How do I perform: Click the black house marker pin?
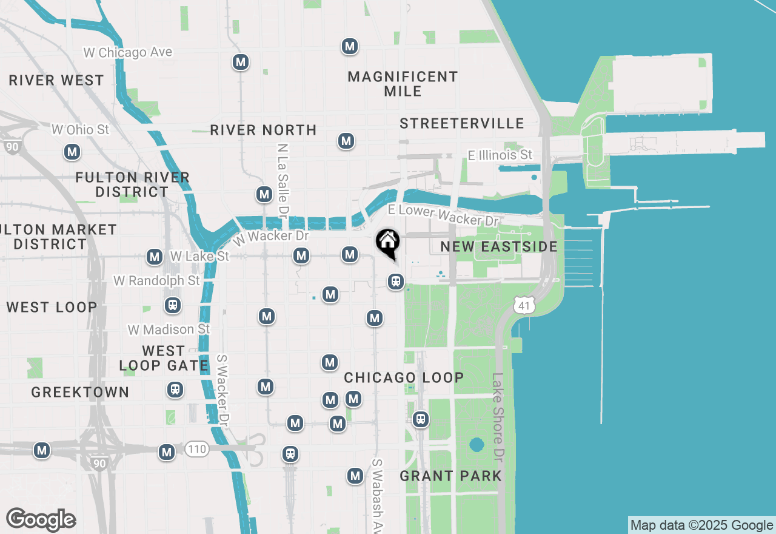(x=388, y=243)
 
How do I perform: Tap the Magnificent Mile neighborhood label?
(x=403, y=84)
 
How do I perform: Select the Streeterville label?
(x=462, y=123)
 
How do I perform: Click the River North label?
(x=263, y=130)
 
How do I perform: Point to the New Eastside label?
(x=499, y=246)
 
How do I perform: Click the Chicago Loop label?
(x=404, y=377)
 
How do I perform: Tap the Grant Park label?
(x=451, y=476)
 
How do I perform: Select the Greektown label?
(x=80, y=392)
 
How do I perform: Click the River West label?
(x=56, y=80)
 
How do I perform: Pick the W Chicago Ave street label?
(x=128, y=53)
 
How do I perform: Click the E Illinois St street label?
(x=500, y=155)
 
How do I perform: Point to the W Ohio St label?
(x=81, y=129)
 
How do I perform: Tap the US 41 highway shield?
(x=524, y=305)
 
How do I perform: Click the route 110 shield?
(x=197, y=449)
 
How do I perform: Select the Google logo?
(x=41, y=519)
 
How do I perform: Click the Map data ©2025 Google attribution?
(x=701, y=526)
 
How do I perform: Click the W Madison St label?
(x=169, y=330)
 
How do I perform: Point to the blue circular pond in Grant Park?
(x=477, y=445)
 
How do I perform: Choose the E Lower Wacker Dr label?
(x=443, y=215)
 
